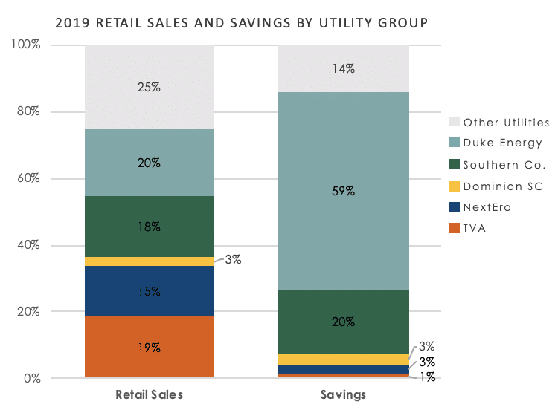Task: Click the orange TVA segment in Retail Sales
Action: (150, 347)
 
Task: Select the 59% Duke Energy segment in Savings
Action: (343, 191)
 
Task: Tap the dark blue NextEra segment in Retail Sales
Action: (150, 291)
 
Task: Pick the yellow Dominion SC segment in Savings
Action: (343, 360)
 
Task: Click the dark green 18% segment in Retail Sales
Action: (150, 227)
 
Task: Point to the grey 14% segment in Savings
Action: (343, 68)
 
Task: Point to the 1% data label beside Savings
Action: (426, 377)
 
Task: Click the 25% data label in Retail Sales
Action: (150, 87)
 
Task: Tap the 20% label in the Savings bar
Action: (343, 322)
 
